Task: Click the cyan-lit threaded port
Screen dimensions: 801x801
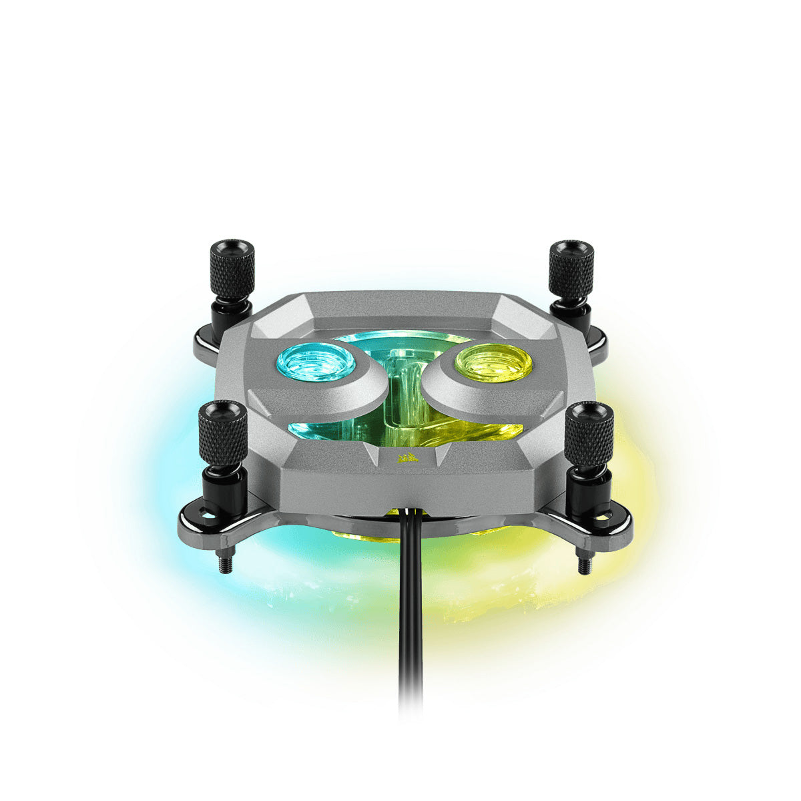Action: click(315, 360)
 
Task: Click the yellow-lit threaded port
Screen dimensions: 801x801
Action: click(494, 360)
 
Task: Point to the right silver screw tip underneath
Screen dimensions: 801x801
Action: click(584, 564)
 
